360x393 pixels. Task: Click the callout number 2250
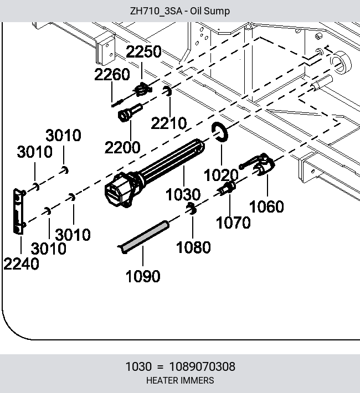point(143,51)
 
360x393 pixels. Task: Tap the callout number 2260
point(112,74)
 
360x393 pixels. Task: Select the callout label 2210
point(169,123)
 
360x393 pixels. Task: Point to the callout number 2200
point(122,147)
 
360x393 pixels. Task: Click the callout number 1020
point(221,175)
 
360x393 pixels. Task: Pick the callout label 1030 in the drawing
point(183,194)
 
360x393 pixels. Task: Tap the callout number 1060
point(266,206)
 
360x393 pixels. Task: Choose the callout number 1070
point(233,223)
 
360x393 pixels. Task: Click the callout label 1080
point(193,247)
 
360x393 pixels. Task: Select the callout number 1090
point(143,276)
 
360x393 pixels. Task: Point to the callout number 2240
point(22,264)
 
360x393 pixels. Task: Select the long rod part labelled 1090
point(143,236)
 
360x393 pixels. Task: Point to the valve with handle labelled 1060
point(261,164)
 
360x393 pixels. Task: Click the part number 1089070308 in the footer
point(203,366)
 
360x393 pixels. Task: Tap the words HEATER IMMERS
point(180,380)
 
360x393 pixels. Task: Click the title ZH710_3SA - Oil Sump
point(180,11)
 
